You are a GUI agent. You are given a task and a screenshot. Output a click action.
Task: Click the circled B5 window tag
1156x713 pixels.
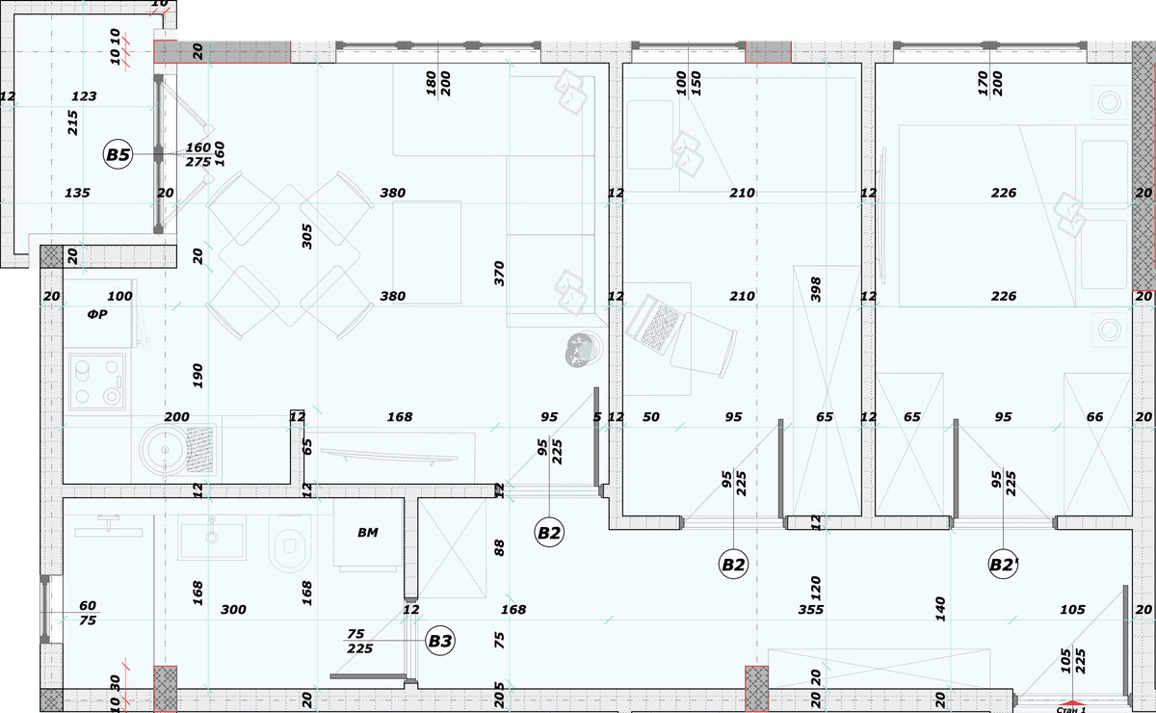coord(118,154)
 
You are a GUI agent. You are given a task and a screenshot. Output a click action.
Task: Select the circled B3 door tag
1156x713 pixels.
coord(440,641)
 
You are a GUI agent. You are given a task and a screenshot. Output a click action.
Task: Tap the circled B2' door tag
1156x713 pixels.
coord(1003,565)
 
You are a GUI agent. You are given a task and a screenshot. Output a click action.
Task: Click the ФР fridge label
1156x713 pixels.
coord(97,314)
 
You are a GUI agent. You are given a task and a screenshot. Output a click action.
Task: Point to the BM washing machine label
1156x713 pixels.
coord(367,532)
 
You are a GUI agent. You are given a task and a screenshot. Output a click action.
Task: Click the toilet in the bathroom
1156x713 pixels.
coord(290,543)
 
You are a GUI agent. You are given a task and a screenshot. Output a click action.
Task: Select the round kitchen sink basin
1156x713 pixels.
coord(165,450)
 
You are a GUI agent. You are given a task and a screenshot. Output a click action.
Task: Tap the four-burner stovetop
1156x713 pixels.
coord(97,382)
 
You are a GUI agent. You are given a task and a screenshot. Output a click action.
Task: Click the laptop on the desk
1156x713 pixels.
coord(654,324)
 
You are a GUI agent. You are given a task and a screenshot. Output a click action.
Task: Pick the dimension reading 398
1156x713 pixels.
coord(815,290)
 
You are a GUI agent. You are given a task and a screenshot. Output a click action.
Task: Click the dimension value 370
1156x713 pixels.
coord(499,274)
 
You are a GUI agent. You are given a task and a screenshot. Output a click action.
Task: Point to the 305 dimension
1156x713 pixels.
coord(306,236)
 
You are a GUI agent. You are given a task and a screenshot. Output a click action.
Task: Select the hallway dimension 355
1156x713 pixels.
coord(811,610)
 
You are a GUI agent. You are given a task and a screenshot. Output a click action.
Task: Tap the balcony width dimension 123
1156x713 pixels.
coord(84,96)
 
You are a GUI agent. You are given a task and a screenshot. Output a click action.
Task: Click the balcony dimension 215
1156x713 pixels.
coord(73,123)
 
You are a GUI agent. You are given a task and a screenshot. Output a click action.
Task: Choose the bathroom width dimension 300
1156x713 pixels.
coord(233,610)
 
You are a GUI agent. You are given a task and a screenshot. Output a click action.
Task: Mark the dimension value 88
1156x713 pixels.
coord(499,548)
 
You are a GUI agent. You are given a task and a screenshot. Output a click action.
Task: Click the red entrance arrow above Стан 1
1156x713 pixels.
coord(1072,702)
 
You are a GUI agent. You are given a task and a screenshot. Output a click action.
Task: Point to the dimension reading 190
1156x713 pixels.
coord(197,376)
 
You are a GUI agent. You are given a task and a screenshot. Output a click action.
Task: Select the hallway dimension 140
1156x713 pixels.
coord(940,609)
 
